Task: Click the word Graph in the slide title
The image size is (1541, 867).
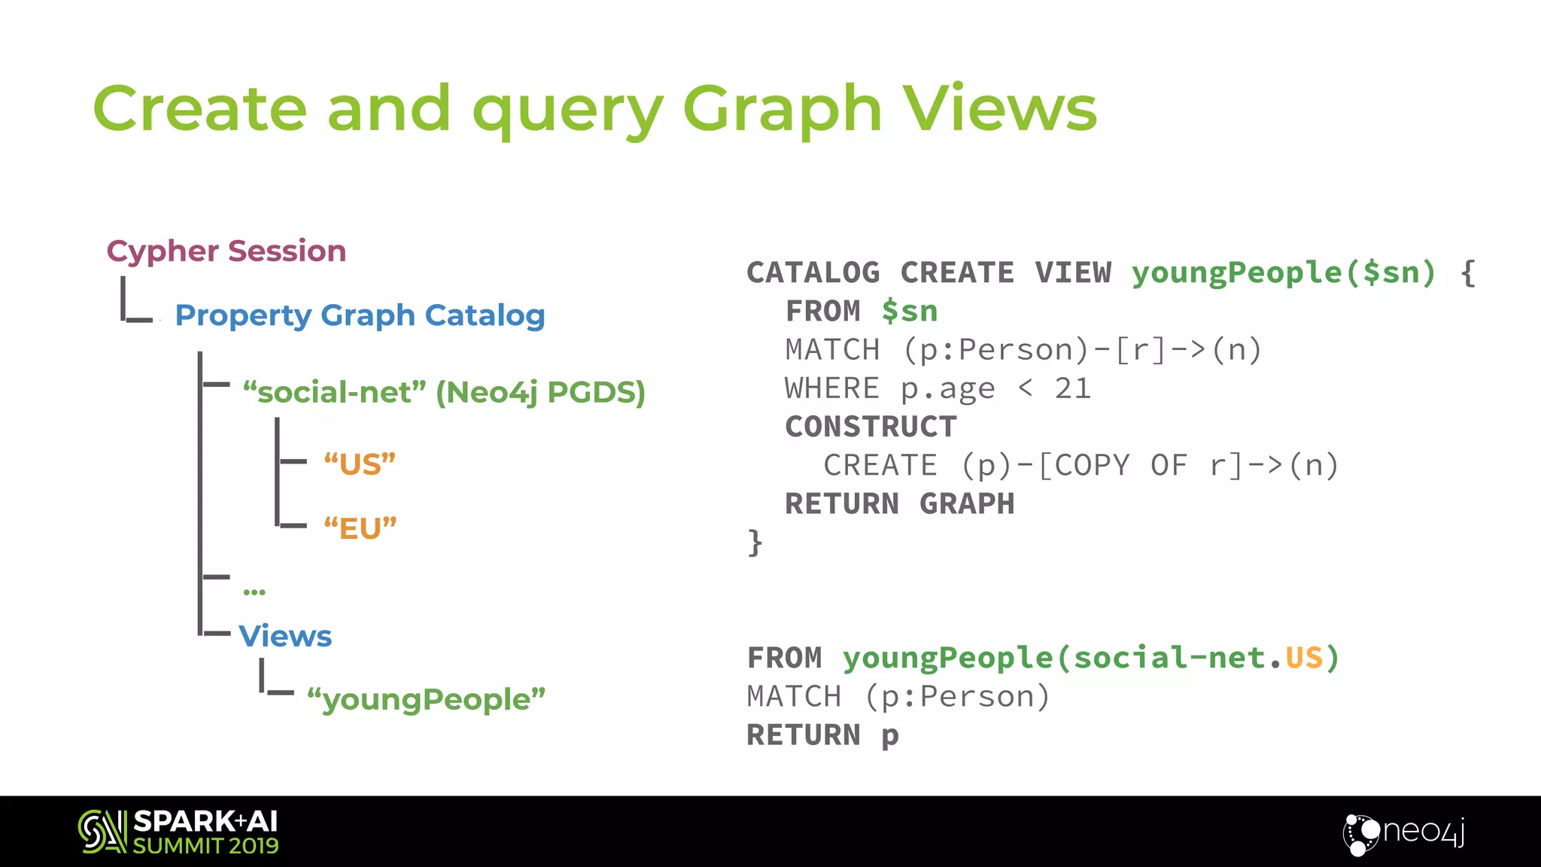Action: point(782,110)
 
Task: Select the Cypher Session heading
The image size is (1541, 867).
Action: point(226,251)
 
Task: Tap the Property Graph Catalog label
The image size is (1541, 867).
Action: point(360,315)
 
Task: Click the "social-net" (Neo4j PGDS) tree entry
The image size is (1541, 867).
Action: point(444,392)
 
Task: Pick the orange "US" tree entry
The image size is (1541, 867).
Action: point(360,464)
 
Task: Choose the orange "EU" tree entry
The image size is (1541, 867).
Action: point(360,528)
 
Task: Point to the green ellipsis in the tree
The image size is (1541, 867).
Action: point(254,592)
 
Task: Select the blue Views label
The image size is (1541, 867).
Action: point(285,636)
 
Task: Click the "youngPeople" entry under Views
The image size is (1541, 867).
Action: point(426,699)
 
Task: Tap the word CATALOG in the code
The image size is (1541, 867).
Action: point(813,272)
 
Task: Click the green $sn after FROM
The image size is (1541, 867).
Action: point(909,311)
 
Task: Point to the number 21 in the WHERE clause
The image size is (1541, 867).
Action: point(1072,388)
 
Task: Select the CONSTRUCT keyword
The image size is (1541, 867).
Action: point(871,427)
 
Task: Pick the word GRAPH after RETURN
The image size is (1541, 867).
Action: point(967,503)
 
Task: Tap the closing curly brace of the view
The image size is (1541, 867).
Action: point(755,542)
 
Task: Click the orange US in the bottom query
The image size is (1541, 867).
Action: point(1303,658)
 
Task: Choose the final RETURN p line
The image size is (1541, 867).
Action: point(822,735)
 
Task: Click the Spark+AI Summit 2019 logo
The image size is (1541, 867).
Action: point(178,832)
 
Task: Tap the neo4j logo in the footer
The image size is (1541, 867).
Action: point(1404,832)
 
